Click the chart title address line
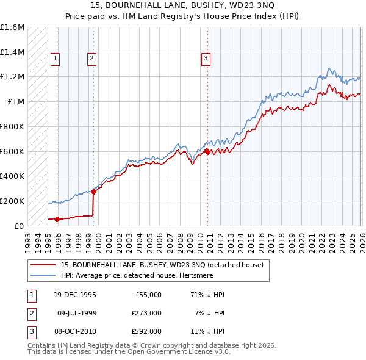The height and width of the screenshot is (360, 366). coord(182,5)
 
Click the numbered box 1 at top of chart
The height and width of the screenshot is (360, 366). coord(55,59)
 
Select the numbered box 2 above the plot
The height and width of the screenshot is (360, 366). coord(91,59)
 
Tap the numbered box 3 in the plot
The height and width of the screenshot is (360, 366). coord(206,59)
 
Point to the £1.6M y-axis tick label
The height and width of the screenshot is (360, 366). coord(12,27)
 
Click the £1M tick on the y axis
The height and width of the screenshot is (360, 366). coord(16,102)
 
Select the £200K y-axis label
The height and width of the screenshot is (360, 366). coord(12,201)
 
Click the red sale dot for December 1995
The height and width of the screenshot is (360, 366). coord(57,219)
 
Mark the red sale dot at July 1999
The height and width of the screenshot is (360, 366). coord(93,192)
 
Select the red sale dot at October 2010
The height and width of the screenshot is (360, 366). coord(207,152)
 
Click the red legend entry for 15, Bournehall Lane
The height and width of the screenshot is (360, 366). coord(162,265)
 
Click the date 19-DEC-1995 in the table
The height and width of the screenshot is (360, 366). coord(74,295)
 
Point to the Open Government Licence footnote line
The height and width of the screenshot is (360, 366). coord(129,352)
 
